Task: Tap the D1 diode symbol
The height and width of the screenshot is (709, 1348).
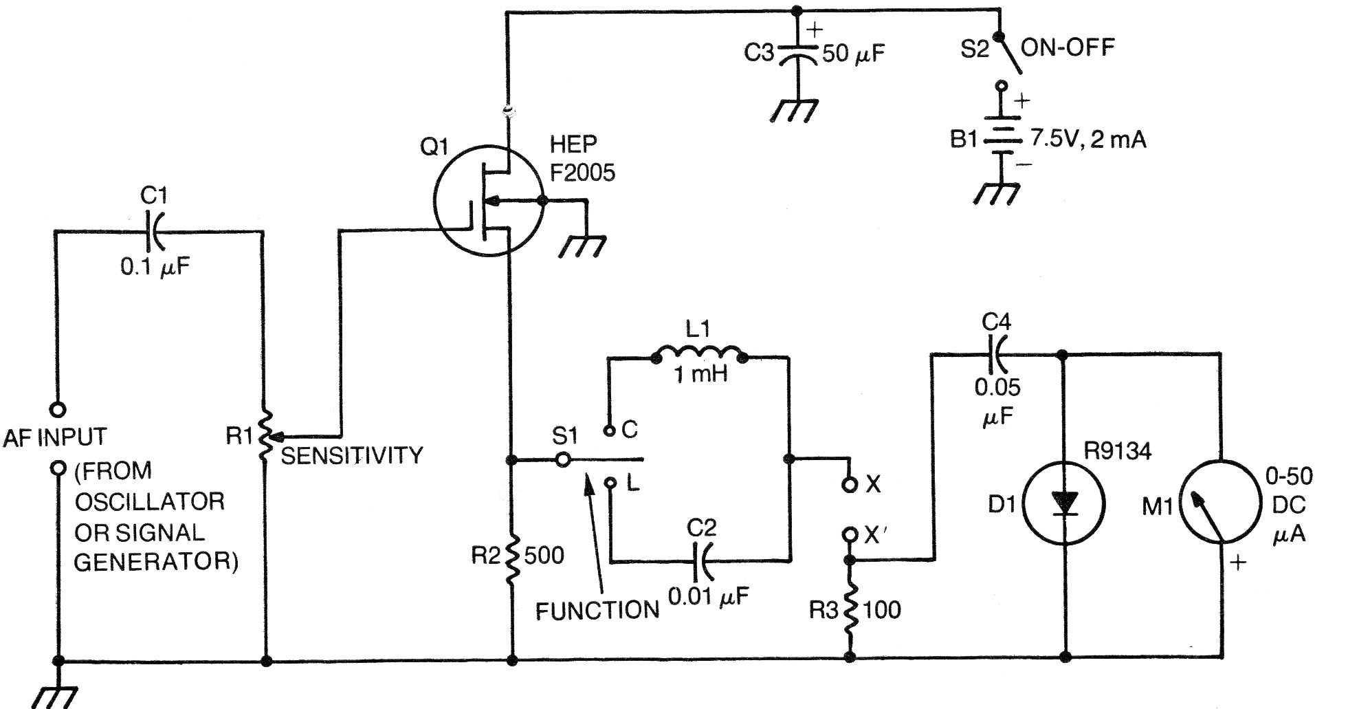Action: (1064, 503)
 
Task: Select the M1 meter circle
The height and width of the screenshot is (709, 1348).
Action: (1222, 503)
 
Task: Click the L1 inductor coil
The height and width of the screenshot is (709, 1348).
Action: (699, 355)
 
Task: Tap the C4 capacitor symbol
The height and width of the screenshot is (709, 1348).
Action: (997, 354)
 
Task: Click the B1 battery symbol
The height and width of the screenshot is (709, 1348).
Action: (1001, 139)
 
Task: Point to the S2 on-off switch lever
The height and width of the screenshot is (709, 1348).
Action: (1010, 54)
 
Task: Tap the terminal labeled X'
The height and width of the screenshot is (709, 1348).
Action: (850, 534)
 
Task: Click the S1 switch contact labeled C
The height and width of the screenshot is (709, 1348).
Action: (608, 431)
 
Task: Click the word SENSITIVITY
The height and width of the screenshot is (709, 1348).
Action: (352, 455)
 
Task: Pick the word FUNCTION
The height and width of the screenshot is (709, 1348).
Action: (597, 611)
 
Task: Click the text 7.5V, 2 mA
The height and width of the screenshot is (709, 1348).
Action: (1087, 140)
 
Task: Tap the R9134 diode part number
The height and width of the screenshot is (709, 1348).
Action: (1118, 451)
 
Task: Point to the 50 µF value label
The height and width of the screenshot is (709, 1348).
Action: (854, 54)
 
